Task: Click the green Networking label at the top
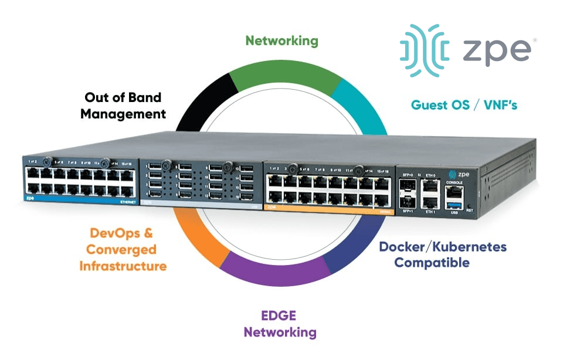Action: (x=281, y=40)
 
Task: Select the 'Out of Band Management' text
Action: (x=123, y=106)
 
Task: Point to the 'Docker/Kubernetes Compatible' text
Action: (x=442, y=254)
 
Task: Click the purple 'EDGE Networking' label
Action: (x=280, y=324)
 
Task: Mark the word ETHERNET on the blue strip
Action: (x=127, y=202)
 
